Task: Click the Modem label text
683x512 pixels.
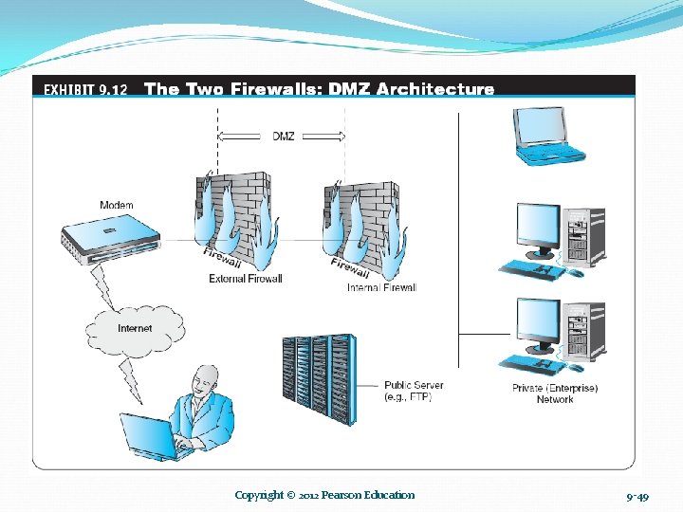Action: [117, 205]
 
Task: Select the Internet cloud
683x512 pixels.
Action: [135, 331]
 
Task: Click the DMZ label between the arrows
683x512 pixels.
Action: [283, 137]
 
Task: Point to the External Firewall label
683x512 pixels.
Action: [246, 279]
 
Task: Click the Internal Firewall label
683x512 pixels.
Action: [382, 287]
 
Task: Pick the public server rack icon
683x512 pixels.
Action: [320, 379]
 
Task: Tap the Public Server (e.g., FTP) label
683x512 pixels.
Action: [414, 391]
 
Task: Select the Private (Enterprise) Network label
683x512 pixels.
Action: [555, 393]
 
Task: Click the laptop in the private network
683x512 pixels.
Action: [548, 136]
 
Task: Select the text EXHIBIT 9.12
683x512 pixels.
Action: [85, 90]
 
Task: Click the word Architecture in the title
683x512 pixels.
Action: [434, 89]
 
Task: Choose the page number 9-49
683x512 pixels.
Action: [637, 497]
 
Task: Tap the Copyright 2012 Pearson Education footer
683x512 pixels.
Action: [324, 495]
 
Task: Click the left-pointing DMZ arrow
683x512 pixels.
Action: [239, 137]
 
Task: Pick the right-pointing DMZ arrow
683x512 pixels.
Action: [324, 137]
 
